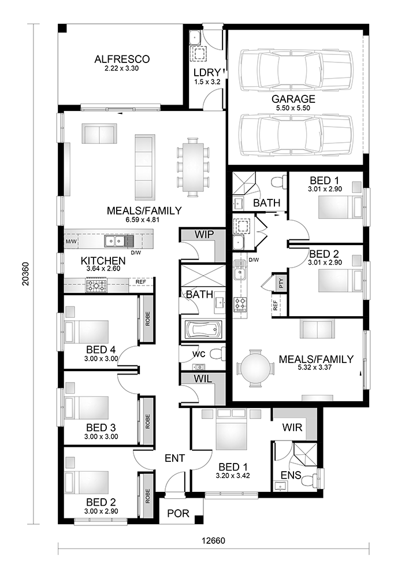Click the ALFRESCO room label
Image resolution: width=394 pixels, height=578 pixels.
click(122, 59)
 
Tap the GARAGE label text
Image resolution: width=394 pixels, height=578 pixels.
click(293, 99)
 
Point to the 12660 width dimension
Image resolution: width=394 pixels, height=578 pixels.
click(213, 542)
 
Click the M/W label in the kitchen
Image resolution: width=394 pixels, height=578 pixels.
click(71, 241)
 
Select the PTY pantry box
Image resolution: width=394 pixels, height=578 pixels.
click(281, 283)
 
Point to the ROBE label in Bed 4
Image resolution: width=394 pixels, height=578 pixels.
click(148, 318)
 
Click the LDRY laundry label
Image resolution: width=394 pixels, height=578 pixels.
click(207, 72)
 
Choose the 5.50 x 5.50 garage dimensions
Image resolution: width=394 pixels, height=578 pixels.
click(293, 108)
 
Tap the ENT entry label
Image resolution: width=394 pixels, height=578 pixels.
click(174, 458)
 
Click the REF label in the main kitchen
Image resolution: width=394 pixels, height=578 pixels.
click(140, 282)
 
